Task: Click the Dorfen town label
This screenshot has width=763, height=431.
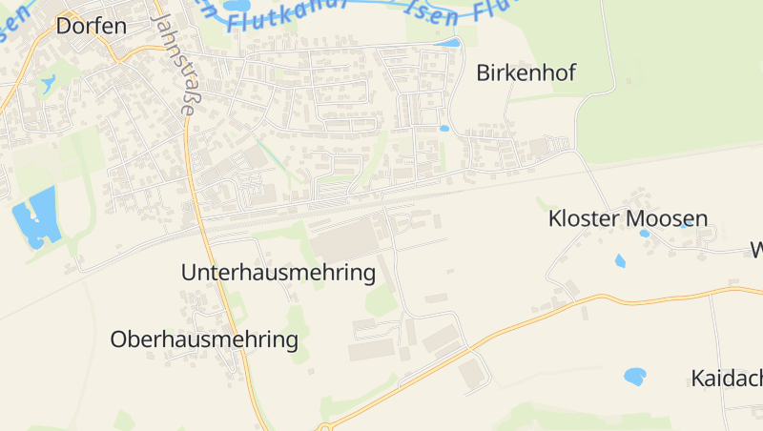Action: tap(92, 26)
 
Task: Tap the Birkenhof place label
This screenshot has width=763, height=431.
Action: tap(526, 73)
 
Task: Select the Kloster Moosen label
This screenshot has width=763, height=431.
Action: tap(628, 218)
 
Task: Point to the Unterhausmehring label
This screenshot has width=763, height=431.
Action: tap(278, 273)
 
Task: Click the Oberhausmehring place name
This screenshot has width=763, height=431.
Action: tap(204, 339)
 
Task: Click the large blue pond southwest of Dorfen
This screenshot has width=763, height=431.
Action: tap(35, 218)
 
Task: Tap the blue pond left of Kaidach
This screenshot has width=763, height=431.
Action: tap(635, 377)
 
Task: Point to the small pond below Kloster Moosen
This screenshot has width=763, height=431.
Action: tap(621, 260)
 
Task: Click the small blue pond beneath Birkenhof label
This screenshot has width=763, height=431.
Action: tap(444, 128)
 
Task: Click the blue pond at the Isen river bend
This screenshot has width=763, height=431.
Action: tap(447, 43)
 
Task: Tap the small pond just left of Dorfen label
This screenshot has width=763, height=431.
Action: tap(48, 83)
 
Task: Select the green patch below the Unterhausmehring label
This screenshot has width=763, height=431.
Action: tap(381, 300)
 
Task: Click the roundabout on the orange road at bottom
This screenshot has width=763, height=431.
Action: tap(326, 427)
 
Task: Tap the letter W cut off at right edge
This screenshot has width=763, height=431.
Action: tap(756, 251)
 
